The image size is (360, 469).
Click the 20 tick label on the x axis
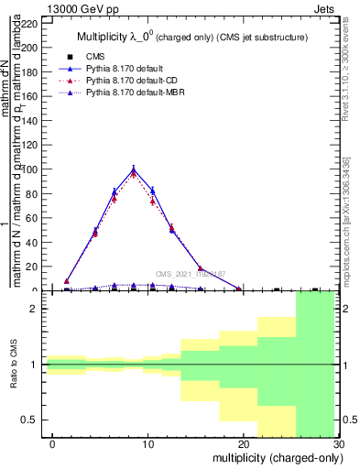pyautogui.click(x=242, y=443)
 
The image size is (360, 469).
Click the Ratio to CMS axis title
pyautogui.click(x=15, y=365)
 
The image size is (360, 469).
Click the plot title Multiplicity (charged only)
pyautogui.click(x=192, y=38)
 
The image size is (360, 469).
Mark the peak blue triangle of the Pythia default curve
pyautogui.click(x=134, y=169)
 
